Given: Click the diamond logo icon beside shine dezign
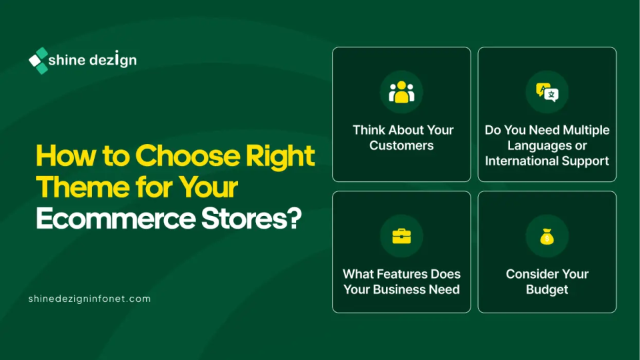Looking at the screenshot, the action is click(39, 61).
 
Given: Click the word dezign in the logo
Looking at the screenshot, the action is click(113, 59).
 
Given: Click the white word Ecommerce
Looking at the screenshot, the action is click(116, 219).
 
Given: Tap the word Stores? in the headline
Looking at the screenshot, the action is click(251, 219).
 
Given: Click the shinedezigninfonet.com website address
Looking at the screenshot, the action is click(89, 299).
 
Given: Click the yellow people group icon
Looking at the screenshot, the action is click(401, 92).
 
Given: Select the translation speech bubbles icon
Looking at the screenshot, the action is click(547, 92).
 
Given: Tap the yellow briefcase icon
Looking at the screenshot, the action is click(401, 236).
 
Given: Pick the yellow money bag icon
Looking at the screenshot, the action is click(547, 236).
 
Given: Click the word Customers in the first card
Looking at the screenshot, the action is click(401, 146).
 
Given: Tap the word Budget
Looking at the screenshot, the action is click(547, 290).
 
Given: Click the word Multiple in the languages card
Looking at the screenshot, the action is click(586, 130).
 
